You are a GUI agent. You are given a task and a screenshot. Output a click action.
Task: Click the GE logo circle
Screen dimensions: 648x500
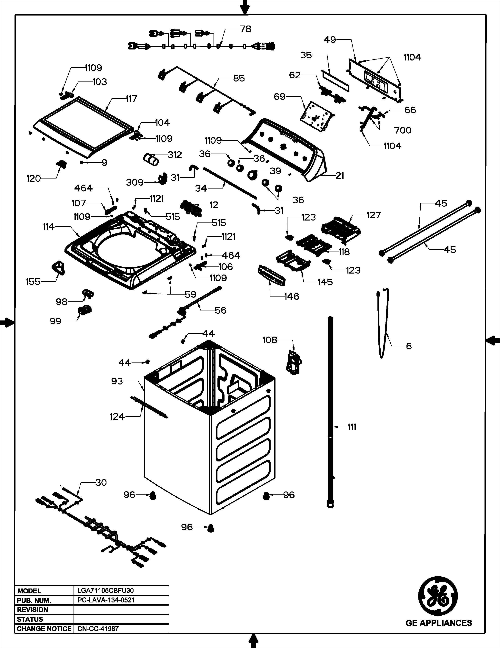point(438,596)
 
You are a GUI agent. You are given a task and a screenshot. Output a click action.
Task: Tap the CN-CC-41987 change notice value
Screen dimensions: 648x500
point(98,628)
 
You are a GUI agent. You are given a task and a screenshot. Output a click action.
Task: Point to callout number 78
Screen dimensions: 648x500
point(245,29)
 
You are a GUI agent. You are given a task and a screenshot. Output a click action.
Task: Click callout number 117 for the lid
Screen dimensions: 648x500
point(131,99)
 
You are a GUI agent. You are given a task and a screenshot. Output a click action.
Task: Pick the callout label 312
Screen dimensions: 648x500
point(175,155)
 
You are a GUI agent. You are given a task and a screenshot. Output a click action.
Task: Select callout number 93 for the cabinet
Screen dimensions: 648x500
point(117,381)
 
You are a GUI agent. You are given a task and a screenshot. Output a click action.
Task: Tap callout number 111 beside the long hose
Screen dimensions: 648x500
point(352,427)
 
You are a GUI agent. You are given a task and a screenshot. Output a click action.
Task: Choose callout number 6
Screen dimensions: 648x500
point(409,346)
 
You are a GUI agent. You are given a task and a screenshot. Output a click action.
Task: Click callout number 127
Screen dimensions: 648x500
point(374,215)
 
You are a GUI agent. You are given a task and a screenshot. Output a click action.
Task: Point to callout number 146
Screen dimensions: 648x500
point(291,296)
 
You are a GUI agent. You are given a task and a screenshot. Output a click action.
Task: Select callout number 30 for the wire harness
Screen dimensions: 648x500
point(101,482)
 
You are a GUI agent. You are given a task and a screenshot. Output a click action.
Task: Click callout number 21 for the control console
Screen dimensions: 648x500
point(340,176)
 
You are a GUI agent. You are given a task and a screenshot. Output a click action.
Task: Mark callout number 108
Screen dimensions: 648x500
point(270,340)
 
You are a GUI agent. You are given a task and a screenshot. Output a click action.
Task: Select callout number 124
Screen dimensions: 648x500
point(117,416)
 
